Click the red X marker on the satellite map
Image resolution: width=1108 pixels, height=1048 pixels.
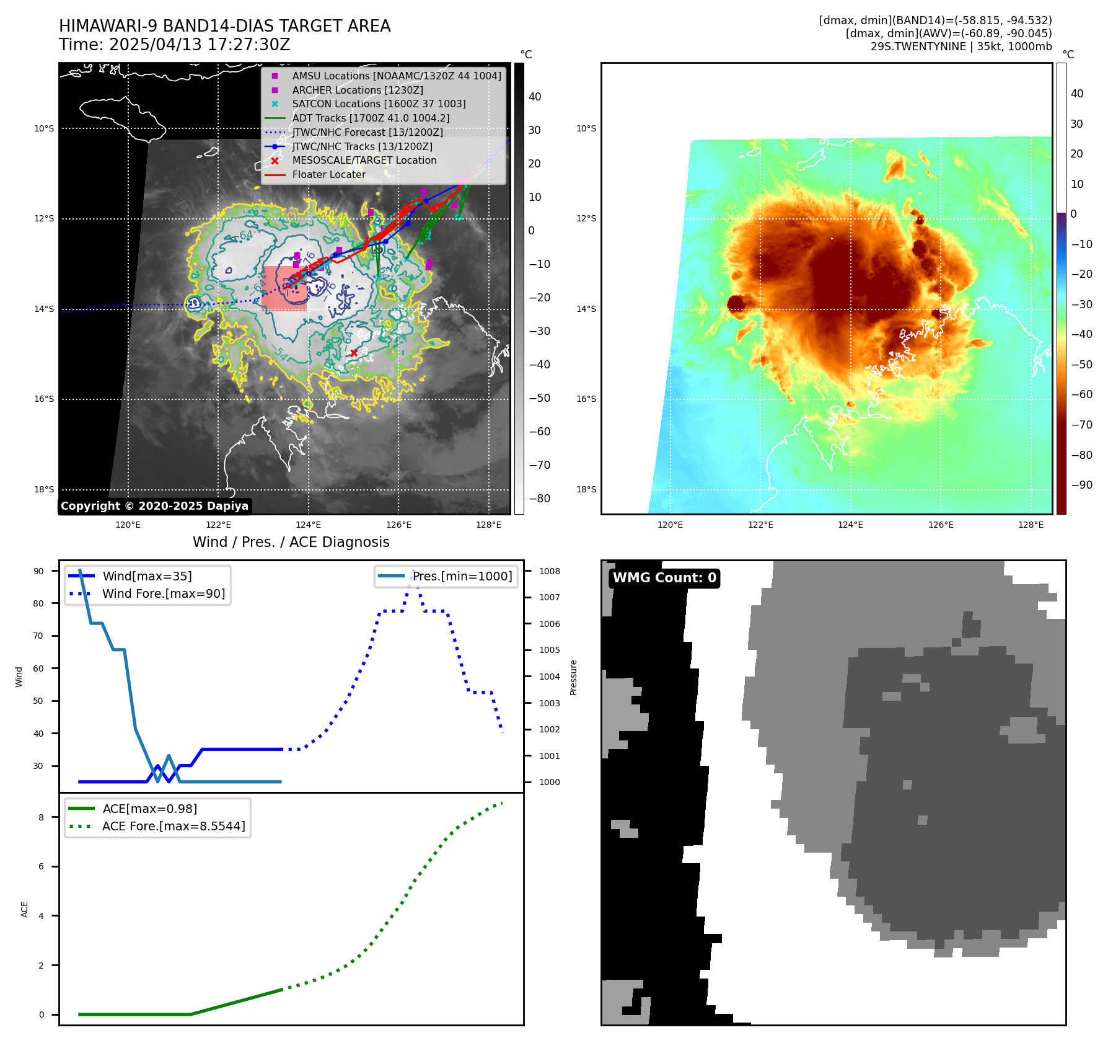pyautogui.click(x=354, y=353)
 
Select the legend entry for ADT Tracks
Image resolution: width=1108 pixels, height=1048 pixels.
pyautogui.click(x=371, y=118)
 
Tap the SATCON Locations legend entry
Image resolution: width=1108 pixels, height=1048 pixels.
pyautogui.click(x=379, y=104)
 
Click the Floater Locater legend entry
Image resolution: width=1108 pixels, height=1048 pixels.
pyautogui.click(x=328, y=174)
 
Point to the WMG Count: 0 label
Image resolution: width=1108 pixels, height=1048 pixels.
pyautogui.click(x=664, y=578)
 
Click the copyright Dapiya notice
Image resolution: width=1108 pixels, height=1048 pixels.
pyautogui.click(x=154, y=506)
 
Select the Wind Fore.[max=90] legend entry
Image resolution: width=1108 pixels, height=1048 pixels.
pyautogui.click(x=164, y=593)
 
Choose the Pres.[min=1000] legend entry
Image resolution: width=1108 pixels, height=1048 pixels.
pyautogui.click(x=462, y=576)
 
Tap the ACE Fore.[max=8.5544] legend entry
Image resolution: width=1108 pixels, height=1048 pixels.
pyautogui.click(x=174, y=826)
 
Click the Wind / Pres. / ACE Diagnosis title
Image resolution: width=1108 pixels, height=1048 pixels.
pyautogui.click(x=291, y=542)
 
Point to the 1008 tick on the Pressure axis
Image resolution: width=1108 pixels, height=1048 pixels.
pyautogui.click(x=549, y=571)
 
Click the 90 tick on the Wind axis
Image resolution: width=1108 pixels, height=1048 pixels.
pyautogui.click(x=38, y=571)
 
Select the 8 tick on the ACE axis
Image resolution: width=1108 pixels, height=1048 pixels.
pyautogui.click(x=41, y=817)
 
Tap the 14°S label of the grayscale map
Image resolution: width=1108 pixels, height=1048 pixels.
pyautogui.click(x=44, y=309)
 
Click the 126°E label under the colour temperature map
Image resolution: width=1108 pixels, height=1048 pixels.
pyautogui.click(x=941, y=525)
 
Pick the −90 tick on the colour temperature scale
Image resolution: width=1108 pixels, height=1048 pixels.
pyautogui.click(x=1082, y=485)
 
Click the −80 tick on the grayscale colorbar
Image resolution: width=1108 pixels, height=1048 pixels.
pyautogui.click(x=539, y=499)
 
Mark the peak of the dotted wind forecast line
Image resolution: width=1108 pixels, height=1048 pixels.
pyautogui.click(x=413, y=571)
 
